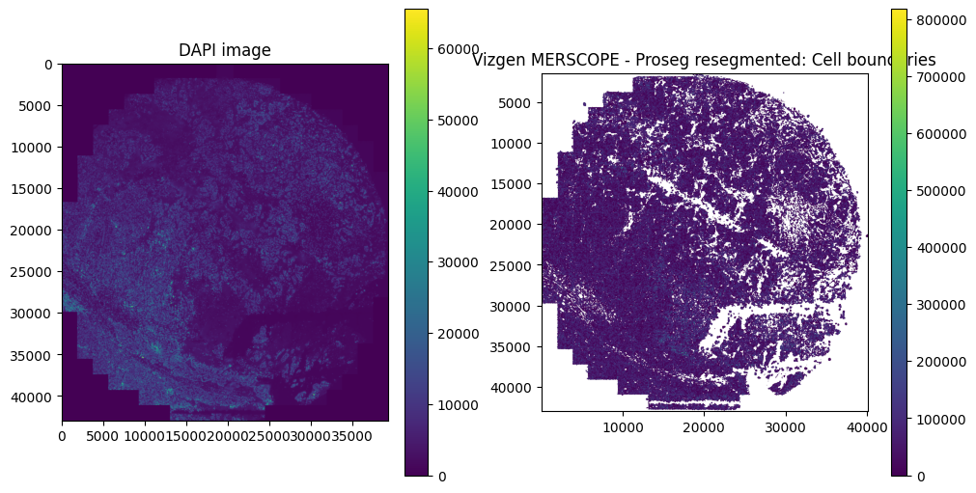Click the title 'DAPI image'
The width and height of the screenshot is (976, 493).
[x=225, y=50]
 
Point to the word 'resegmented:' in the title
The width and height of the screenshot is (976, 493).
[x=726, y=61]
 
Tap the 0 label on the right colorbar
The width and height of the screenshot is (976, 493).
[x=921, y=476]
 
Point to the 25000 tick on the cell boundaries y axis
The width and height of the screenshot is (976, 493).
[x=517, y=265]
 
